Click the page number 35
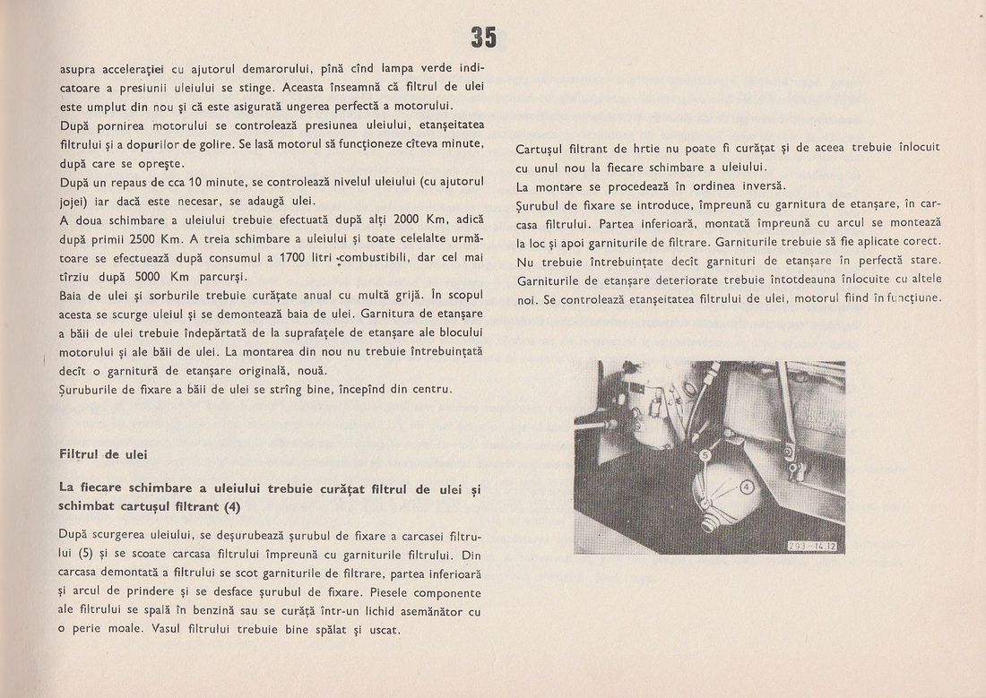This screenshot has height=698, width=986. (x=482, y=37)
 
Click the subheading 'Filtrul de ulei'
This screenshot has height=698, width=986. (x=102, y=454)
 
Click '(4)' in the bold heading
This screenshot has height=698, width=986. (x=233, y=505)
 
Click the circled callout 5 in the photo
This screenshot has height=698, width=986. (x=705, y=455)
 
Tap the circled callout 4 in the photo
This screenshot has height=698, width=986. (x=745, y=487)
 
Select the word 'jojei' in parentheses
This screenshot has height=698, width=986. (x=76, y=201)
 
